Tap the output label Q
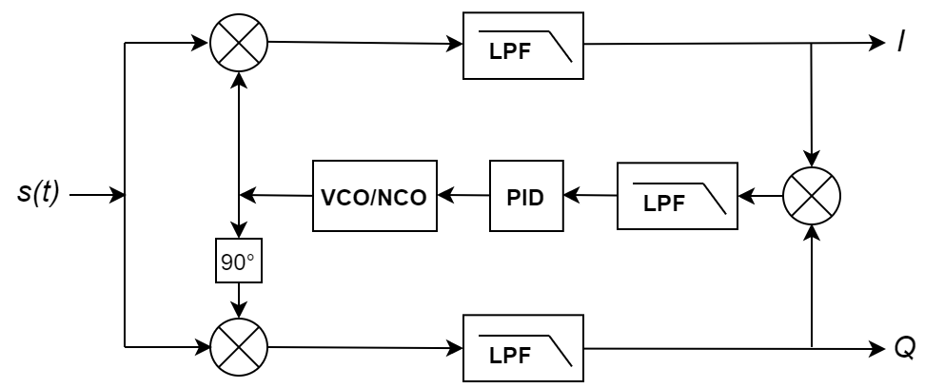[904, 348]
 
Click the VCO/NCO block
[375, 196]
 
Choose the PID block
[526, 196]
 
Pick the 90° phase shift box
[238, 262]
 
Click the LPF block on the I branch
[522, 46]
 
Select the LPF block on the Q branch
[522, 349]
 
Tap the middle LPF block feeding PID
[677, 196]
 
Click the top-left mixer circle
[238, 43]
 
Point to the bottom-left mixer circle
[238, 347]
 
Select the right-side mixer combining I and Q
[811, 196]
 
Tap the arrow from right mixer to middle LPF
[760, 196]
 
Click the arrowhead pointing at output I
[877, 44]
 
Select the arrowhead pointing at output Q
[877, 348]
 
